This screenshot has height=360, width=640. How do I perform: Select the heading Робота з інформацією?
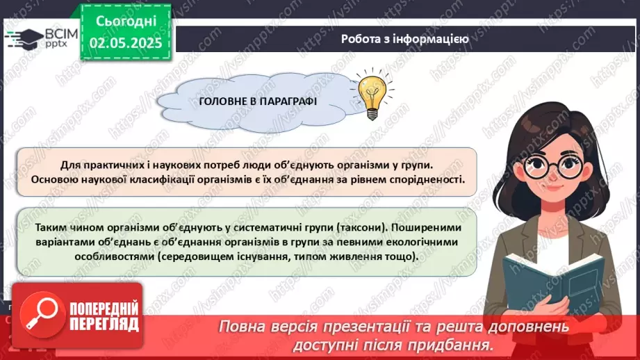404,39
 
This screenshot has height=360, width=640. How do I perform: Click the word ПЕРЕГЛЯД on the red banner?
94,325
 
